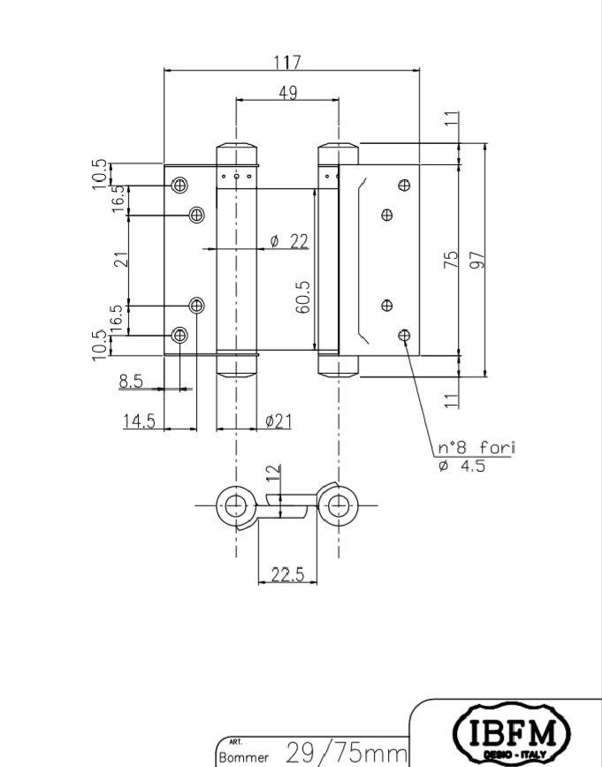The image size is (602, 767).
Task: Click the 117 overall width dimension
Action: [x=287, y=63]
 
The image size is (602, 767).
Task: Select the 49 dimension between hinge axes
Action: [x=288, y=93]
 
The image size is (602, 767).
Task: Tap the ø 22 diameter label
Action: [x=289, y=241]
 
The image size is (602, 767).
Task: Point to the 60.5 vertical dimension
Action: [x=302, y=297]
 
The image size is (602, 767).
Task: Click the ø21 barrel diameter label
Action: [x=278, y=421]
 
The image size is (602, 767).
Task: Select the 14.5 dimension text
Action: [x=139, y=421]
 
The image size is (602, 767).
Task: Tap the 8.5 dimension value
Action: [x=131, y=381]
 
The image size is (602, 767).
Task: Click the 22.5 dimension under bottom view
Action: [x=288, y=574]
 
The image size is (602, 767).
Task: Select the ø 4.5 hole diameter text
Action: [x=462, y=466]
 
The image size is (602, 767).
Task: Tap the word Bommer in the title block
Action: [x=244, y=757]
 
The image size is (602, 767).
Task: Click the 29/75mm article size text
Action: [x=346, y=752]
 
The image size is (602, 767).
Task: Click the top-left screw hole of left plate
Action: [x=179, y=186]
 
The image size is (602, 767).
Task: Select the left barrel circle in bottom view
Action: [x=236, y=505]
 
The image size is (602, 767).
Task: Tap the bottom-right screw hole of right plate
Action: [x=404, y=336]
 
